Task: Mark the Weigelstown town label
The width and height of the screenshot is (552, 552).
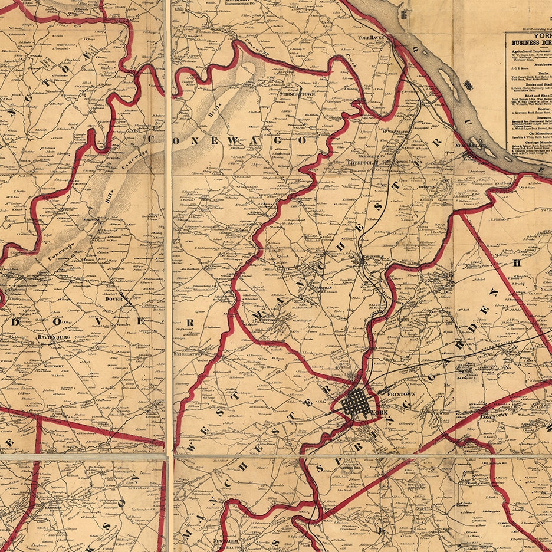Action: click(x=188, y=353)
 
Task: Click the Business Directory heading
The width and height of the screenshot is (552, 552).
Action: click(x=531, y=42)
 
